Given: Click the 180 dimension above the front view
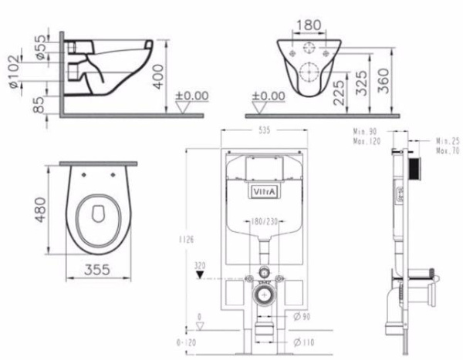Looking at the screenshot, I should tap(308, 25).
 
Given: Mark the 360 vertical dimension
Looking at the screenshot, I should tap(381, 79).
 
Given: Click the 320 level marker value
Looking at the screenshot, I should tap(201, 265).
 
